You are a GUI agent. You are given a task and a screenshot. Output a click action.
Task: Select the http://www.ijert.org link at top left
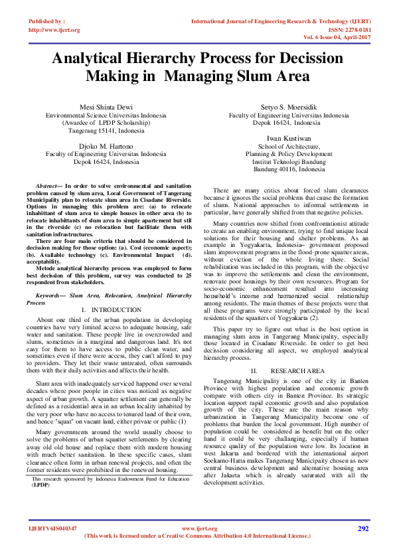(x=54, y=30)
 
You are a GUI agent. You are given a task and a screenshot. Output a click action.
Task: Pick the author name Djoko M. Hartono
(x=106, y=145)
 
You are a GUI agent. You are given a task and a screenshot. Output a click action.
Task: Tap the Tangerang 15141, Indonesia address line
(x=106, y=131)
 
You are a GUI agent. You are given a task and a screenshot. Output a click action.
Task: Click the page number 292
(x=362, y=528)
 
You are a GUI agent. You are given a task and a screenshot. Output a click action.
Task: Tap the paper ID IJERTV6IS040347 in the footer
(x=53, y=528)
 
